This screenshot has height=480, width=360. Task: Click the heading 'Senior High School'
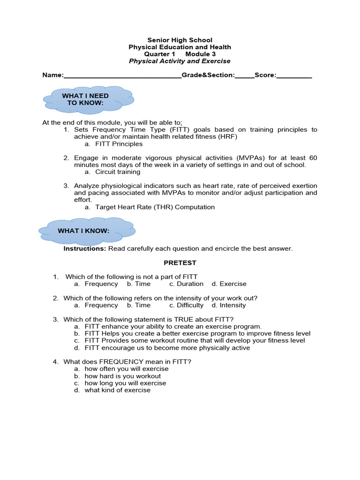[180, 40]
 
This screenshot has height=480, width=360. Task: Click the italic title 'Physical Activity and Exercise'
[180, 61]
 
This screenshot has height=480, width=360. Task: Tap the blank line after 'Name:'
[122, 75]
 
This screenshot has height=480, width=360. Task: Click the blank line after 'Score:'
[294, 75]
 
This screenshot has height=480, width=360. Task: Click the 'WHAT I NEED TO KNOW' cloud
[87, 99]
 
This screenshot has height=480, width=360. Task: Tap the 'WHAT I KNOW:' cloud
[86, 231]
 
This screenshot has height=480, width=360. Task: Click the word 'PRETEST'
[180, 262]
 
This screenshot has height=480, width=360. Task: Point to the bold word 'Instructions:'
[85, 248]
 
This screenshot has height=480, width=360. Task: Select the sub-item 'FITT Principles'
[119, 144]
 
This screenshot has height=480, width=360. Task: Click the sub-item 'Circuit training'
[118, 172]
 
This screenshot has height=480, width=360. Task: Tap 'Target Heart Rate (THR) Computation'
[155, 207]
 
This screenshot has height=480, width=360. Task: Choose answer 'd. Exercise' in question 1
[229, 284]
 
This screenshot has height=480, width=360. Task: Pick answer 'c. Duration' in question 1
[187, 284]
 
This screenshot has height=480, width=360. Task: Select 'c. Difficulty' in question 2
[187, 305]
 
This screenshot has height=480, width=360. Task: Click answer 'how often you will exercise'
[126, 369]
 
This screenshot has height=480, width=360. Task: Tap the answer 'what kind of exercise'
[117, 390]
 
